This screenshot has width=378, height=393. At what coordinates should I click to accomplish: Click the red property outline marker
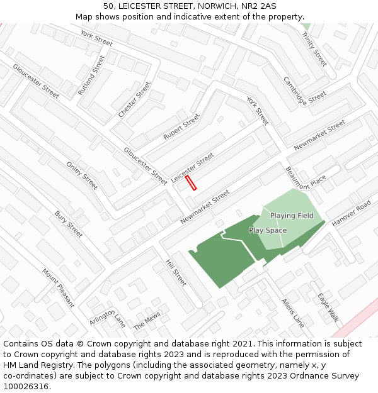pos(192,182)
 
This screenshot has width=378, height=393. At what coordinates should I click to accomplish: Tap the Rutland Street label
pos(92,75)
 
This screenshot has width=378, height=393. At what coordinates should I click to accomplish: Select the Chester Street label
pos(135,99)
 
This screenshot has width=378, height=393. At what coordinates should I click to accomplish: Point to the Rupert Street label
pos(181,126)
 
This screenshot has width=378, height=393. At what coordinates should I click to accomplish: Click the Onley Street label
pos(82,175)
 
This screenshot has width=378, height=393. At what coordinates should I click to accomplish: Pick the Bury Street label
pos(69,224)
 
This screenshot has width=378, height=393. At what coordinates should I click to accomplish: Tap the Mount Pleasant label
pos(58,288)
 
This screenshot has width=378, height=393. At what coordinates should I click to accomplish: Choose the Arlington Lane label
pos(108,318)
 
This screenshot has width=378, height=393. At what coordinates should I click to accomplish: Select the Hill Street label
pos(176,272)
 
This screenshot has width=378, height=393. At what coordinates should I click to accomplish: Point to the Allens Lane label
pos(293,313)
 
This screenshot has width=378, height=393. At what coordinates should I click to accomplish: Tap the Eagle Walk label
pos(328,307)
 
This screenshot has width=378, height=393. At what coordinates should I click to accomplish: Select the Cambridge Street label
pos(305,91)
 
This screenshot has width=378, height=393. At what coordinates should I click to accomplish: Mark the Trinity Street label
pos(314,50)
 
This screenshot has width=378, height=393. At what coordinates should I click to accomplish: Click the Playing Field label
pos(292,216)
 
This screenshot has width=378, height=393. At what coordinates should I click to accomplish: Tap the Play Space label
pos(268,230)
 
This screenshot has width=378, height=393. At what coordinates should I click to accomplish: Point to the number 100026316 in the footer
pos(26,387)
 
